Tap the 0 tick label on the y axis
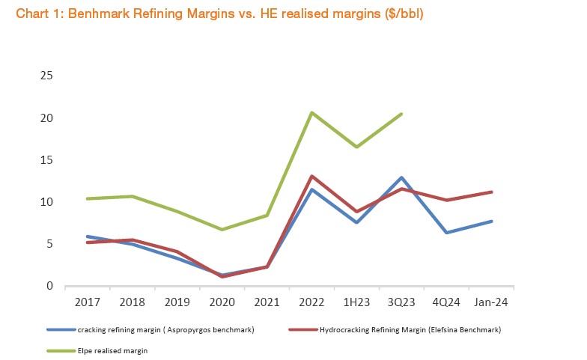[50, 286]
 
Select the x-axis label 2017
[88, 302]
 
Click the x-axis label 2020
[222, 302]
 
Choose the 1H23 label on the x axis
[357, 302]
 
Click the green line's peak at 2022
[311, 112]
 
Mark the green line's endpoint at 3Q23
[402, 114]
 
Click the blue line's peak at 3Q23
[402, 177]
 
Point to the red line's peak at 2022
[311, 176]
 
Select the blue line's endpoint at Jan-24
[492, 221]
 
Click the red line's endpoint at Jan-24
[492, 192]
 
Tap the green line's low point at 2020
[222, 229]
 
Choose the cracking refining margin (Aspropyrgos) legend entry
[165, 329]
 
